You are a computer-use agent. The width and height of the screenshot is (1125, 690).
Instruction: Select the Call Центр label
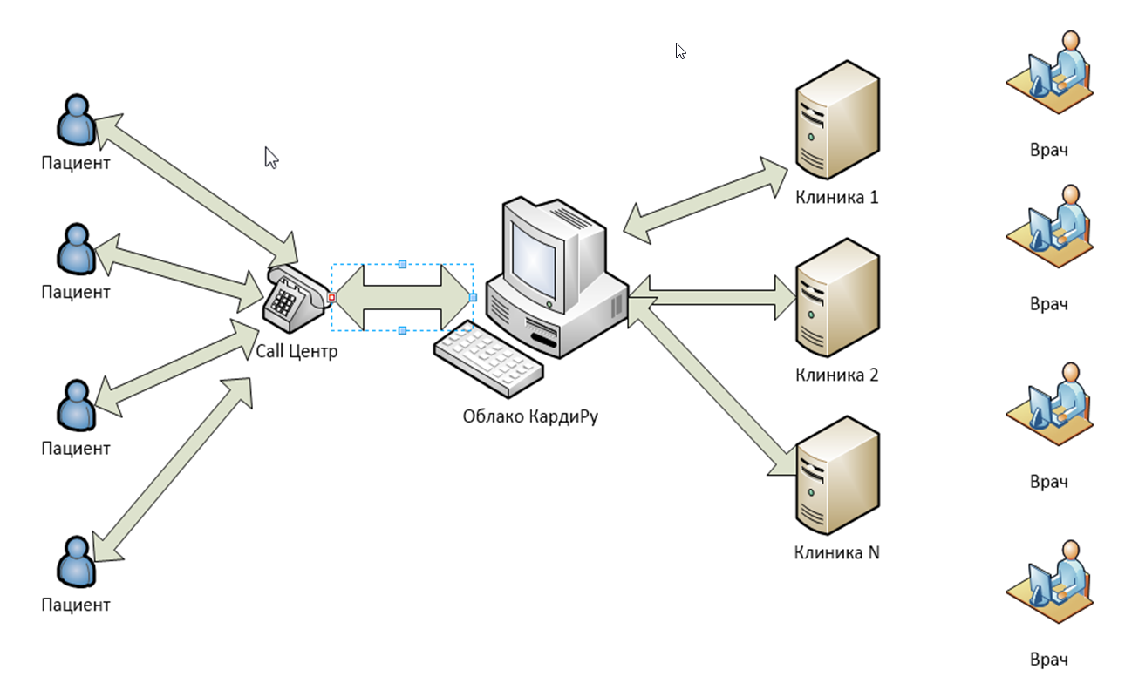296,352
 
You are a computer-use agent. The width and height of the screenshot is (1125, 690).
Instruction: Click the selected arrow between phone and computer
402,297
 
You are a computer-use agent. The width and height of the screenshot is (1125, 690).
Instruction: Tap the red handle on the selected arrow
331,297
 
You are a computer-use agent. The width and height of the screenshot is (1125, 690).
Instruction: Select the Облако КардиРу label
531,416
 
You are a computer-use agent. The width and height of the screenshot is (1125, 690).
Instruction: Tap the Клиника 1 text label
836,197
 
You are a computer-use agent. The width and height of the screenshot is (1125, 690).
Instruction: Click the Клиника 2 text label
836,375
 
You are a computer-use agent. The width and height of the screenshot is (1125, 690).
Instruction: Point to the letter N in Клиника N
873,552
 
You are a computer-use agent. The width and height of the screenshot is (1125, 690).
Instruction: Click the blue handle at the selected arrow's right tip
474,297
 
